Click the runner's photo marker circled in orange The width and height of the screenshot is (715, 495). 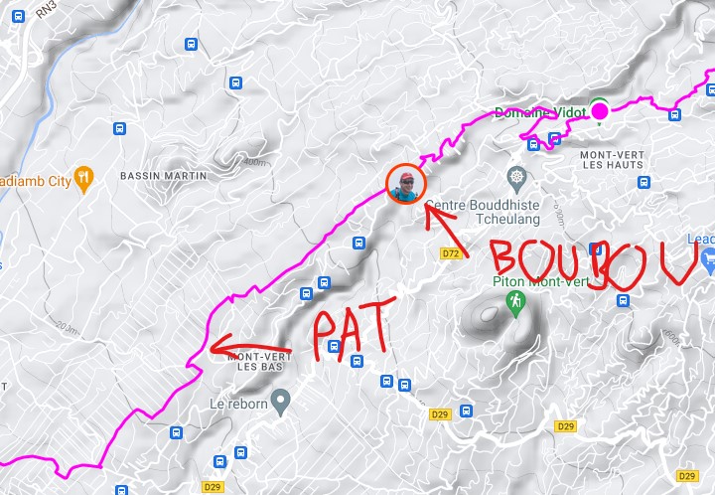[x=405, y=184]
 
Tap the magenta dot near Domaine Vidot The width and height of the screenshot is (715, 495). [x=600, y=110]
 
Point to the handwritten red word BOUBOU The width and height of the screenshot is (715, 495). [x=593, y=261]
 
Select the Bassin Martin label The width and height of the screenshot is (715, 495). [x=163, y=176]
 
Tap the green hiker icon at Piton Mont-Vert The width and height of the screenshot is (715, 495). [x=514, y=301]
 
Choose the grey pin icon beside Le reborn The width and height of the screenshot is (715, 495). [x=281, y=404]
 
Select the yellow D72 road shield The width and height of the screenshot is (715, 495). [x=450, y=253]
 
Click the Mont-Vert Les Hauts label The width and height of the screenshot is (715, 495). [x=612, y=161]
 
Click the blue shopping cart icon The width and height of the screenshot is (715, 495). [x=707, y=261]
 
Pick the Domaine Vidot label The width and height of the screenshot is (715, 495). [x=539, y=111]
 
